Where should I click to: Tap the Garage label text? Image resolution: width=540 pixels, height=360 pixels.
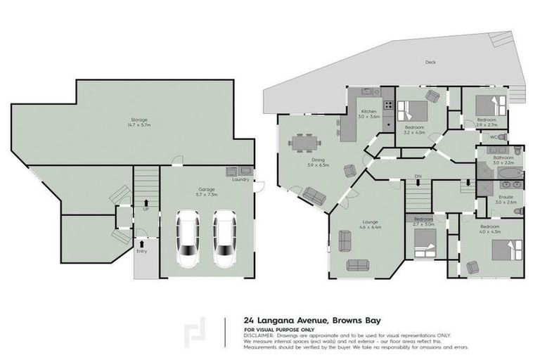pos(206,190)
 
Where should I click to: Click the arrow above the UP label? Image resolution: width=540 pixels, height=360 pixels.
pos(146,201)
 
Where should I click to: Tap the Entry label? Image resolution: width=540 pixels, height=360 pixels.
pos(142,251)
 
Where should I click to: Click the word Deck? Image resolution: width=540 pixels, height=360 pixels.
pos(430,63)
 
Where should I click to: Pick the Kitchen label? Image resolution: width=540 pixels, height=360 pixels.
pos(370,112)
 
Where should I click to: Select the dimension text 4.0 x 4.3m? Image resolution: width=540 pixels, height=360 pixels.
pos(489,232)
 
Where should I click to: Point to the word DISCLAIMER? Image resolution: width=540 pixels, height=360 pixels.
pos(259,335)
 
